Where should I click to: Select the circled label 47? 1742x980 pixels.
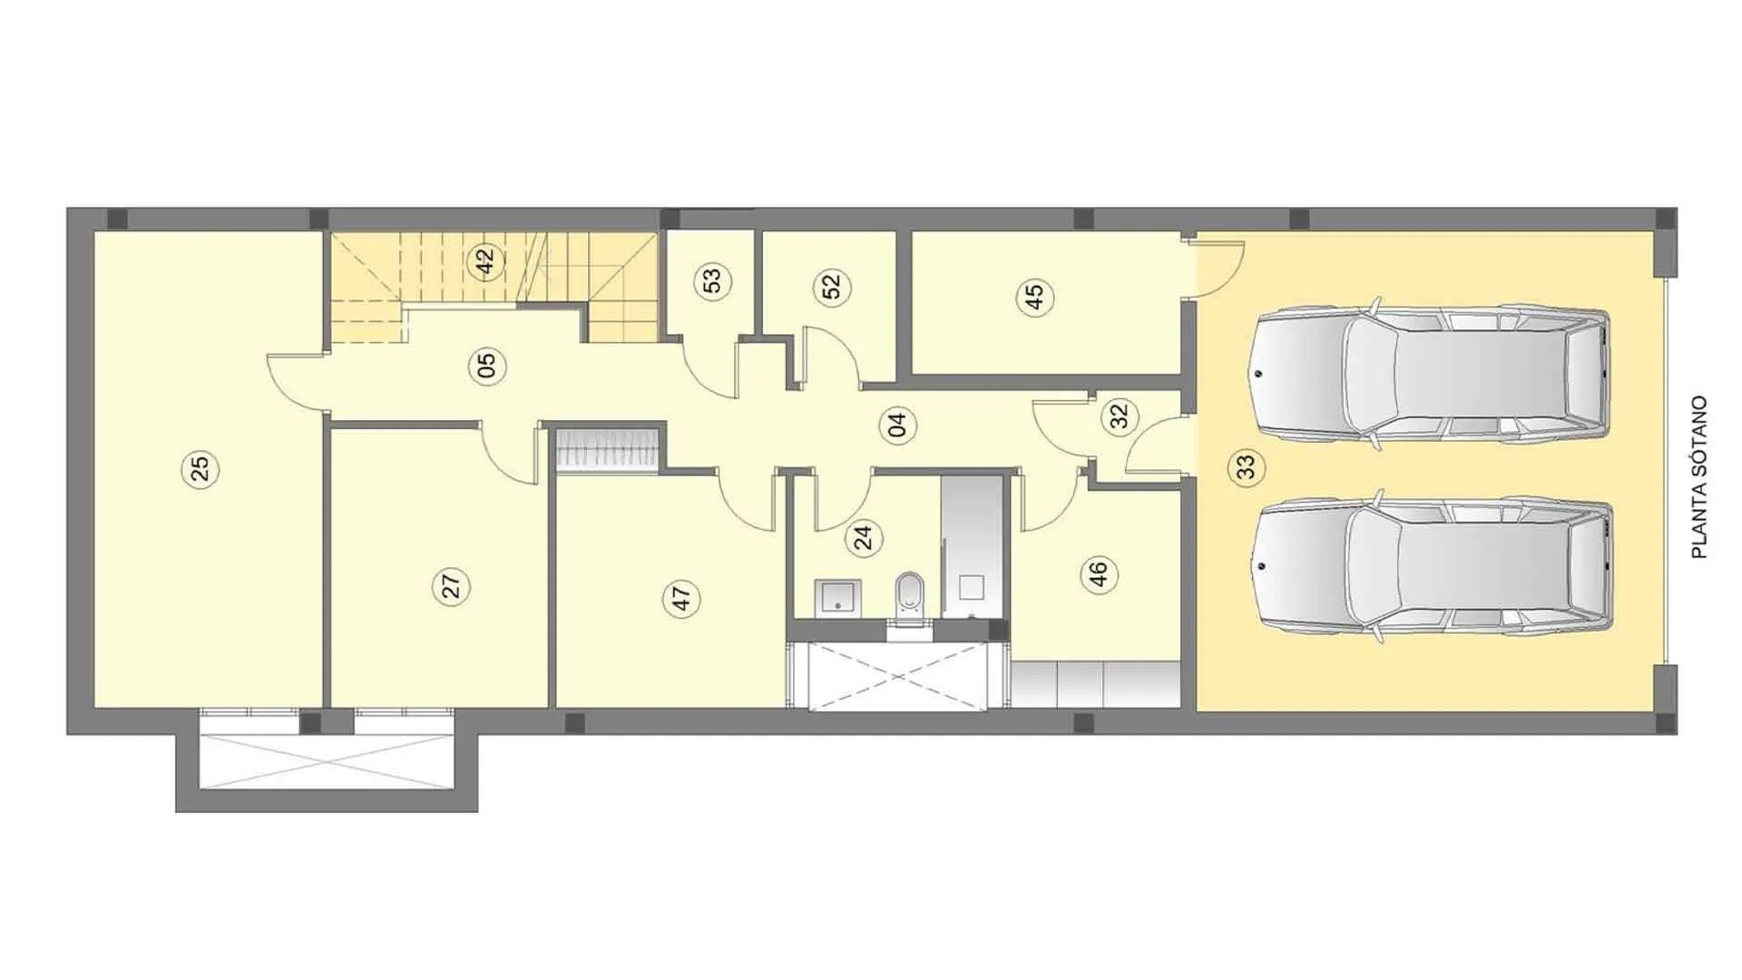[681, 598]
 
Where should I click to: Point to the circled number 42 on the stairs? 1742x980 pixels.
[485, 261]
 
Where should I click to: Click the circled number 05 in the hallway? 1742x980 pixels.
[486, 366]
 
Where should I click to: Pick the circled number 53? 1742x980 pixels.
[712, 281]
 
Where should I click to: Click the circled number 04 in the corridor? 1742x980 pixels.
[897, 425]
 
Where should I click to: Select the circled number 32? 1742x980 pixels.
[1119, 416]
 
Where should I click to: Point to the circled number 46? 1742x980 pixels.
[1099, 573]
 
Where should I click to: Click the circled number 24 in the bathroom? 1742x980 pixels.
[864, 538]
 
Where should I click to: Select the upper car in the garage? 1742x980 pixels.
[1430, 373]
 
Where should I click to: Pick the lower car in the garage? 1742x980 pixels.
[1433, 567]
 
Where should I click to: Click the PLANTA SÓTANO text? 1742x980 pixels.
[1699, 476]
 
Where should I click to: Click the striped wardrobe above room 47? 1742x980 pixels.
[606, 450]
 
